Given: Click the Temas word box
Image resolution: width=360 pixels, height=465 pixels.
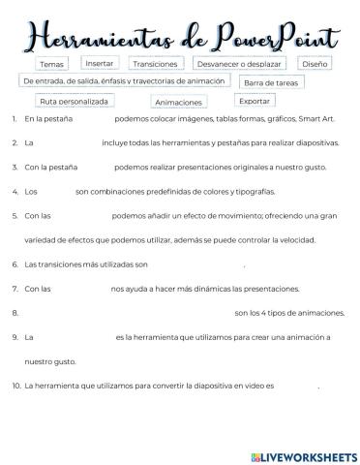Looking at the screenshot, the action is click(x=51, y=64).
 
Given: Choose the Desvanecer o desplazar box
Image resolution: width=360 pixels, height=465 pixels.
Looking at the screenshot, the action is click(x=241, y=64).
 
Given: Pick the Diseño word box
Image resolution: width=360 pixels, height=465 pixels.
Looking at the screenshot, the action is click(x=315, y=63).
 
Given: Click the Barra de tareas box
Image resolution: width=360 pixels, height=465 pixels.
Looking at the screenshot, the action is click(x=270, y=83).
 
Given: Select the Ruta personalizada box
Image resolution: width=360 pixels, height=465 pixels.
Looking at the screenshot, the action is click(x=74, y=100).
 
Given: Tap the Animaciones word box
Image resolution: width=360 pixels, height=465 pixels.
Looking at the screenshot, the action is click(x=178, y=101).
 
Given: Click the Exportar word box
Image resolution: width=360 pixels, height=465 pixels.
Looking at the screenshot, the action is click(x=255, y=100).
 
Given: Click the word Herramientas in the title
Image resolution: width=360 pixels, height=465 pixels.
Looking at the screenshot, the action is click(x=105, y=36).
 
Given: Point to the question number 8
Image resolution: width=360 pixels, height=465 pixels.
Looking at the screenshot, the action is click(x=15, y=312).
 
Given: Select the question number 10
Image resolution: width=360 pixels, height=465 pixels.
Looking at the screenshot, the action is click(x=16, y=385).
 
